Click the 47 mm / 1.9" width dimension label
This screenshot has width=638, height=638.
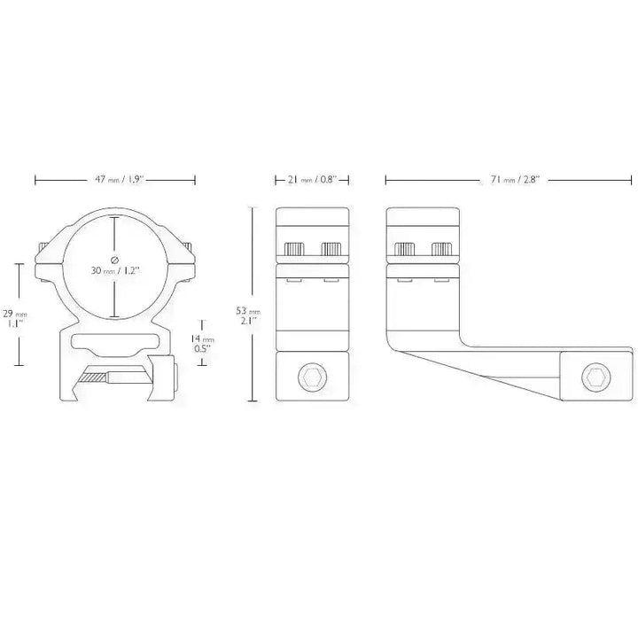120,179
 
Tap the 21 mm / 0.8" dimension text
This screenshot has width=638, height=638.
313,179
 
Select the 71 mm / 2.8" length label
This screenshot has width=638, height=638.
514,179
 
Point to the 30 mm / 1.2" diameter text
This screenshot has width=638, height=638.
115,270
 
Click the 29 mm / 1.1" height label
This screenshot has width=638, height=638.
15,319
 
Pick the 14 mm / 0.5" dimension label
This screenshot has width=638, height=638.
203,343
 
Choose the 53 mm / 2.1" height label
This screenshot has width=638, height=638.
248,315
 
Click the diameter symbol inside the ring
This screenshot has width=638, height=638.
114,259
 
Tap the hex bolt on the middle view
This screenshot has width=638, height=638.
312,377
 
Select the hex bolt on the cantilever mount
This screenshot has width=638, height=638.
596,377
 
